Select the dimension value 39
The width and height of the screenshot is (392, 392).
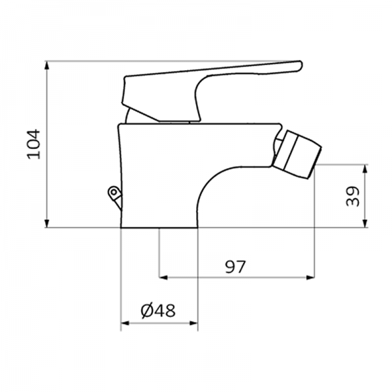pyautogui.click(x=352, y=196)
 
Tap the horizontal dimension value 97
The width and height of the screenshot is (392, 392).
pyautogui.click(x=235, y=267)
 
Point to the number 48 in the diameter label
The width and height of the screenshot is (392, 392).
pyautogui.click(x=166, y=311)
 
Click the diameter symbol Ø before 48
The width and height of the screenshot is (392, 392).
pyautogui.click(x=147, y=311)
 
